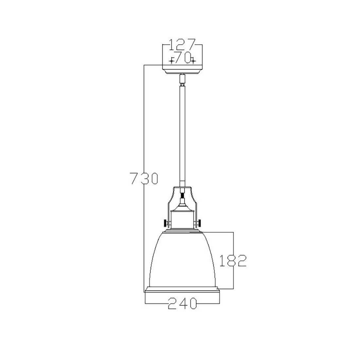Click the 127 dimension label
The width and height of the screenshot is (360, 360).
click(182, 45)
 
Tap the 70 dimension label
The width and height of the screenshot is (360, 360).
click(183, 57)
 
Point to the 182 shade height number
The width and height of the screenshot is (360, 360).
click(233, 261)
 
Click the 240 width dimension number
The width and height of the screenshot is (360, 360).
click(183, 303)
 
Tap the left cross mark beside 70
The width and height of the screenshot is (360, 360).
click(171, 61)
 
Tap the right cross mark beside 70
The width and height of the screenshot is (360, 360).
click(193, 61)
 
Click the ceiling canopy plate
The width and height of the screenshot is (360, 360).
click(182, 69)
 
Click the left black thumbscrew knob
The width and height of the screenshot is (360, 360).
click(165, 223)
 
